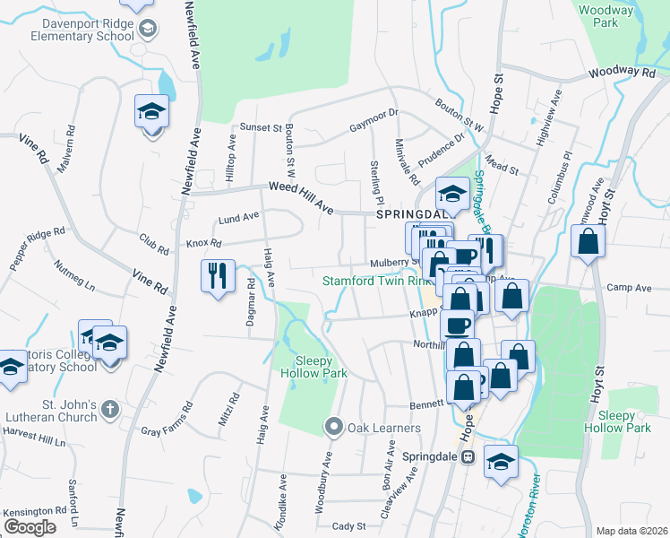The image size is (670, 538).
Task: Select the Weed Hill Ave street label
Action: (301, 197)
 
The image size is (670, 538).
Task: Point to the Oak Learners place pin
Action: (335, 427)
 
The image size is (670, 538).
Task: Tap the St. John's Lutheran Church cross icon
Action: (109, 409)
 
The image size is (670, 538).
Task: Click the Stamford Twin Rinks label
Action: (376, 281)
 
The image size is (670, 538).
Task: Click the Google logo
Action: (30, 527)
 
